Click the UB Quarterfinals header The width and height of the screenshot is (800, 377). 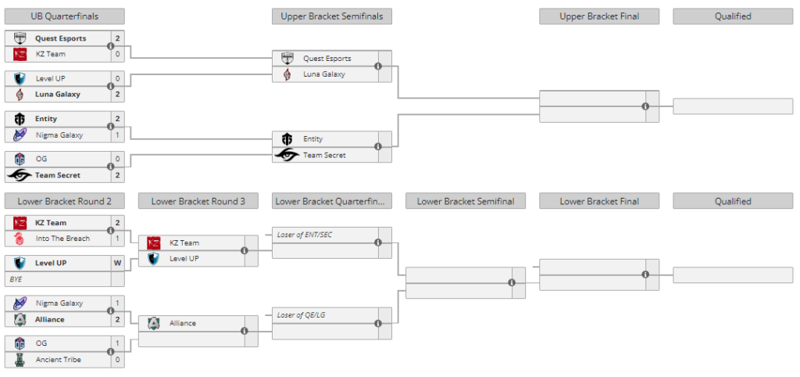click(x=64, y=16)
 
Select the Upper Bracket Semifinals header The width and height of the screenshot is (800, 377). click(x=332, y=16)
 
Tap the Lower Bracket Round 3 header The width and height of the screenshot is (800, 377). click(x=198, y=201)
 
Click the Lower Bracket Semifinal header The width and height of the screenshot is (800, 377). click(x=466, y=201)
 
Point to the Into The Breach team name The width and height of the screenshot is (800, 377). click(x=62, y=239)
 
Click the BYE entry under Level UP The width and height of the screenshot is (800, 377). click(x=16, y=279)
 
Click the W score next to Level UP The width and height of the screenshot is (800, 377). click(x=117, y=263)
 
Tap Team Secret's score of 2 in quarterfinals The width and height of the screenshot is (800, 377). click(x=117, y=175)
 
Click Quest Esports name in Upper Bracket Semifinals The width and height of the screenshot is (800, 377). click(x=327, y=59)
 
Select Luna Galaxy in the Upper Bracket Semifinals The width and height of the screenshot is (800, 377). click(x=323, y=74)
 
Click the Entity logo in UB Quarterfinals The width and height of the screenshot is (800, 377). click(x=20, y=119)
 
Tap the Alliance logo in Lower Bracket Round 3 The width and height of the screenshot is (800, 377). click(x=154, y=323)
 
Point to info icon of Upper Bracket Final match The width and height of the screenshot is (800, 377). click(x=645, y=106)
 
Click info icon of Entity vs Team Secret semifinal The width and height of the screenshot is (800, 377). click(x=378, y=146)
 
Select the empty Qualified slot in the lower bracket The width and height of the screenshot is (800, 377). click(x=732, y=275)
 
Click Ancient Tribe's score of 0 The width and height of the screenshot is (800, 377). click(x=117, y=360)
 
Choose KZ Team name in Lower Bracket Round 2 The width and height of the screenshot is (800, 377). click(x=51, y=223)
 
